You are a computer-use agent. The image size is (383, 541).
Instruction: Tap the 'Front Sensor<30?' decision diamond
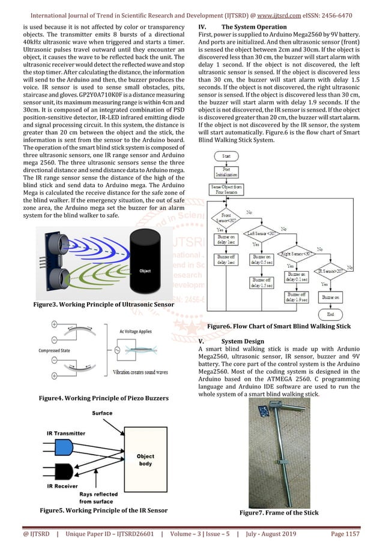click(x=226, y=217)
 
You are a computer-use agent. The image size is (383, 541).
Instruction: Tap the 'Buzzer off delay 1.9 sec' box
click(x=298, y=297)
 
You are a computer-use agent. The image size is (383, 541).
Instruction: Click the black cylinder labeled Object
click(x=145, y=268)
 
